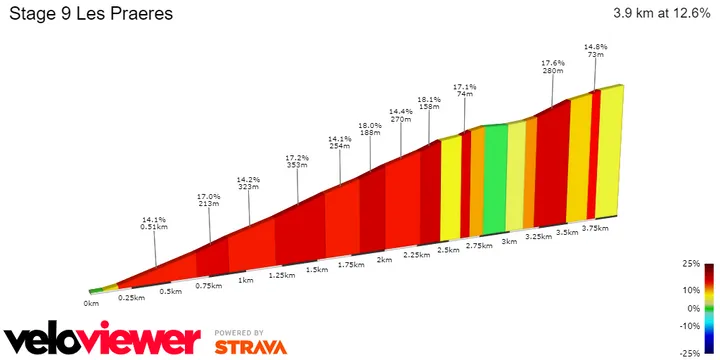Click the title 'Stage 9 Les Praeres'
point(89,15)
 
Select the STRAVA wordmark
point(250,346)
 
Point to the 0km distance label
point(92,302)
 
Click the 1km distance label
point(245,280)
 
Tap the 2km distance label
point(383,260)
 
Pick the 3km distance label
point(509,242)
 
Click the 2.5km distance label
point(448,250)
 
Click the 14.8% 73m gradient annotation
point(596,51)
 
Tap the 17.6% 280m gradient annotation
point(553,67)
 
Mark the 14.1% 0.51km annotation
point(153,224)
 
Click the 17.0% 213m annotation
point(208,200)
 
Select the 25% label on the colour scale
point(690,265)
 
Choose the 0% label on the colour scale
point(692,309)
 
